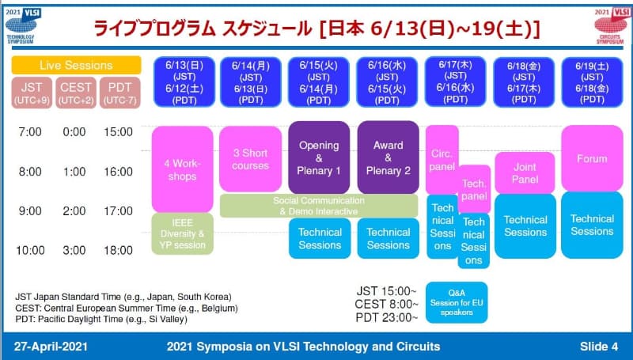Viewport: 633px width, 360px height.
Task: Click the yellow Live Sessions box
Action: point(77,65)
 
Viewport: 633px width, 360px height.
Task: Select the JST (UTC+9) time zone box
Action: point(31,92)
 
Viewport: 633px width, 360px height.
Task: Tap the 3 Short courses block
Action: point(250,159)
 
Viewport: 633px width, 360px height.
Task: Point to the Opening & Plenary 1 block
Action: point(320,157)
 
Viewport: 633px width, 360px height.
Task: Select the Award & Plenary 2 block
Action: point(388,157)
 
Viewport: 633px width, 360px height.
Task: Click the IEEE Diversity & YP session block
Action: point(183,233)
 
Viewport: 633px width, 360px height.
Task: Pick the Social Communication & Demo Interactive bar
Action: point(319,206)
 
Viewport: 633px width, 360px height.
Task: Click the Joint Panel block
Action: point(525,172)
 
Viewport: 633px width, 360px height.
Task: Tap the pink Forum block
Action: point(592,158)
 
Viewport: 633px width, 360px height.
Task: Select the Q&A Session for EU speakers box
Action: point(457,302)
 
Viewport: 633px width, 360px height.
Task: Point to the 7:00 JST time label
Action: point(30,131)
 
